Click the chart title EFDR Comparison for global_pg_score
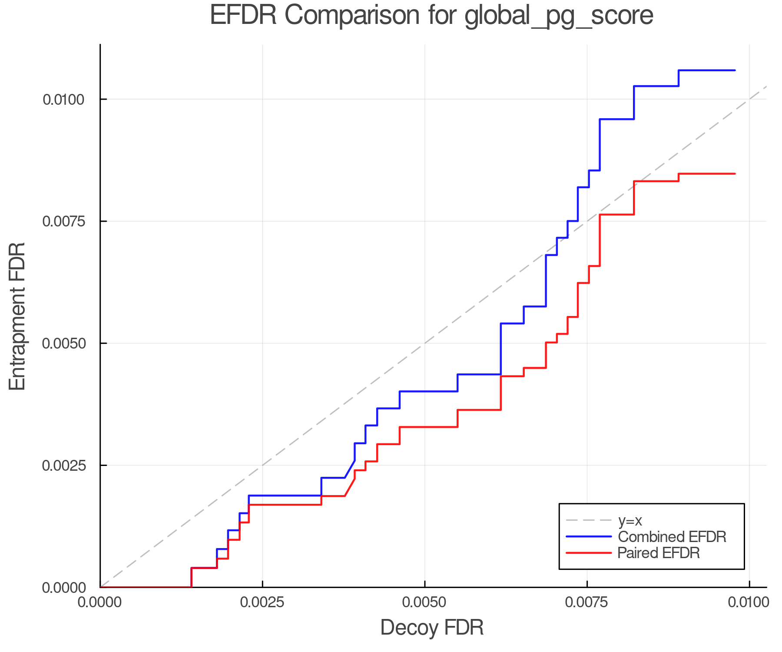pos(431,16)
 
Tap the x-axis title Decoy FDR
pos(431,628)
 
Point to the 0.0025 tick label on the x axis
pos(263,602)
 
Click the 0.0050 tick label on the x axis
pos(425,602)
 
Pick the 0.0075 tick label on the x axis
pos(587,602)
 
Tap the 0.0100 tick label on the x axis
pos(749,602)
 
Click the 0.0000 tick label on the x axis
pos(101,602)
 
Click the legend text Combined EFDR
pos(672,537)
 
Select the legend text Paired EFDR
pos(659,553)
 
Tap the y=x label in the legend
pos(630,520)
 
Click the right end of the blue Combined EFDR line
pos(735,70)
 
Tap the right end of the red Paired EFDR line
pos(735,174)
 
